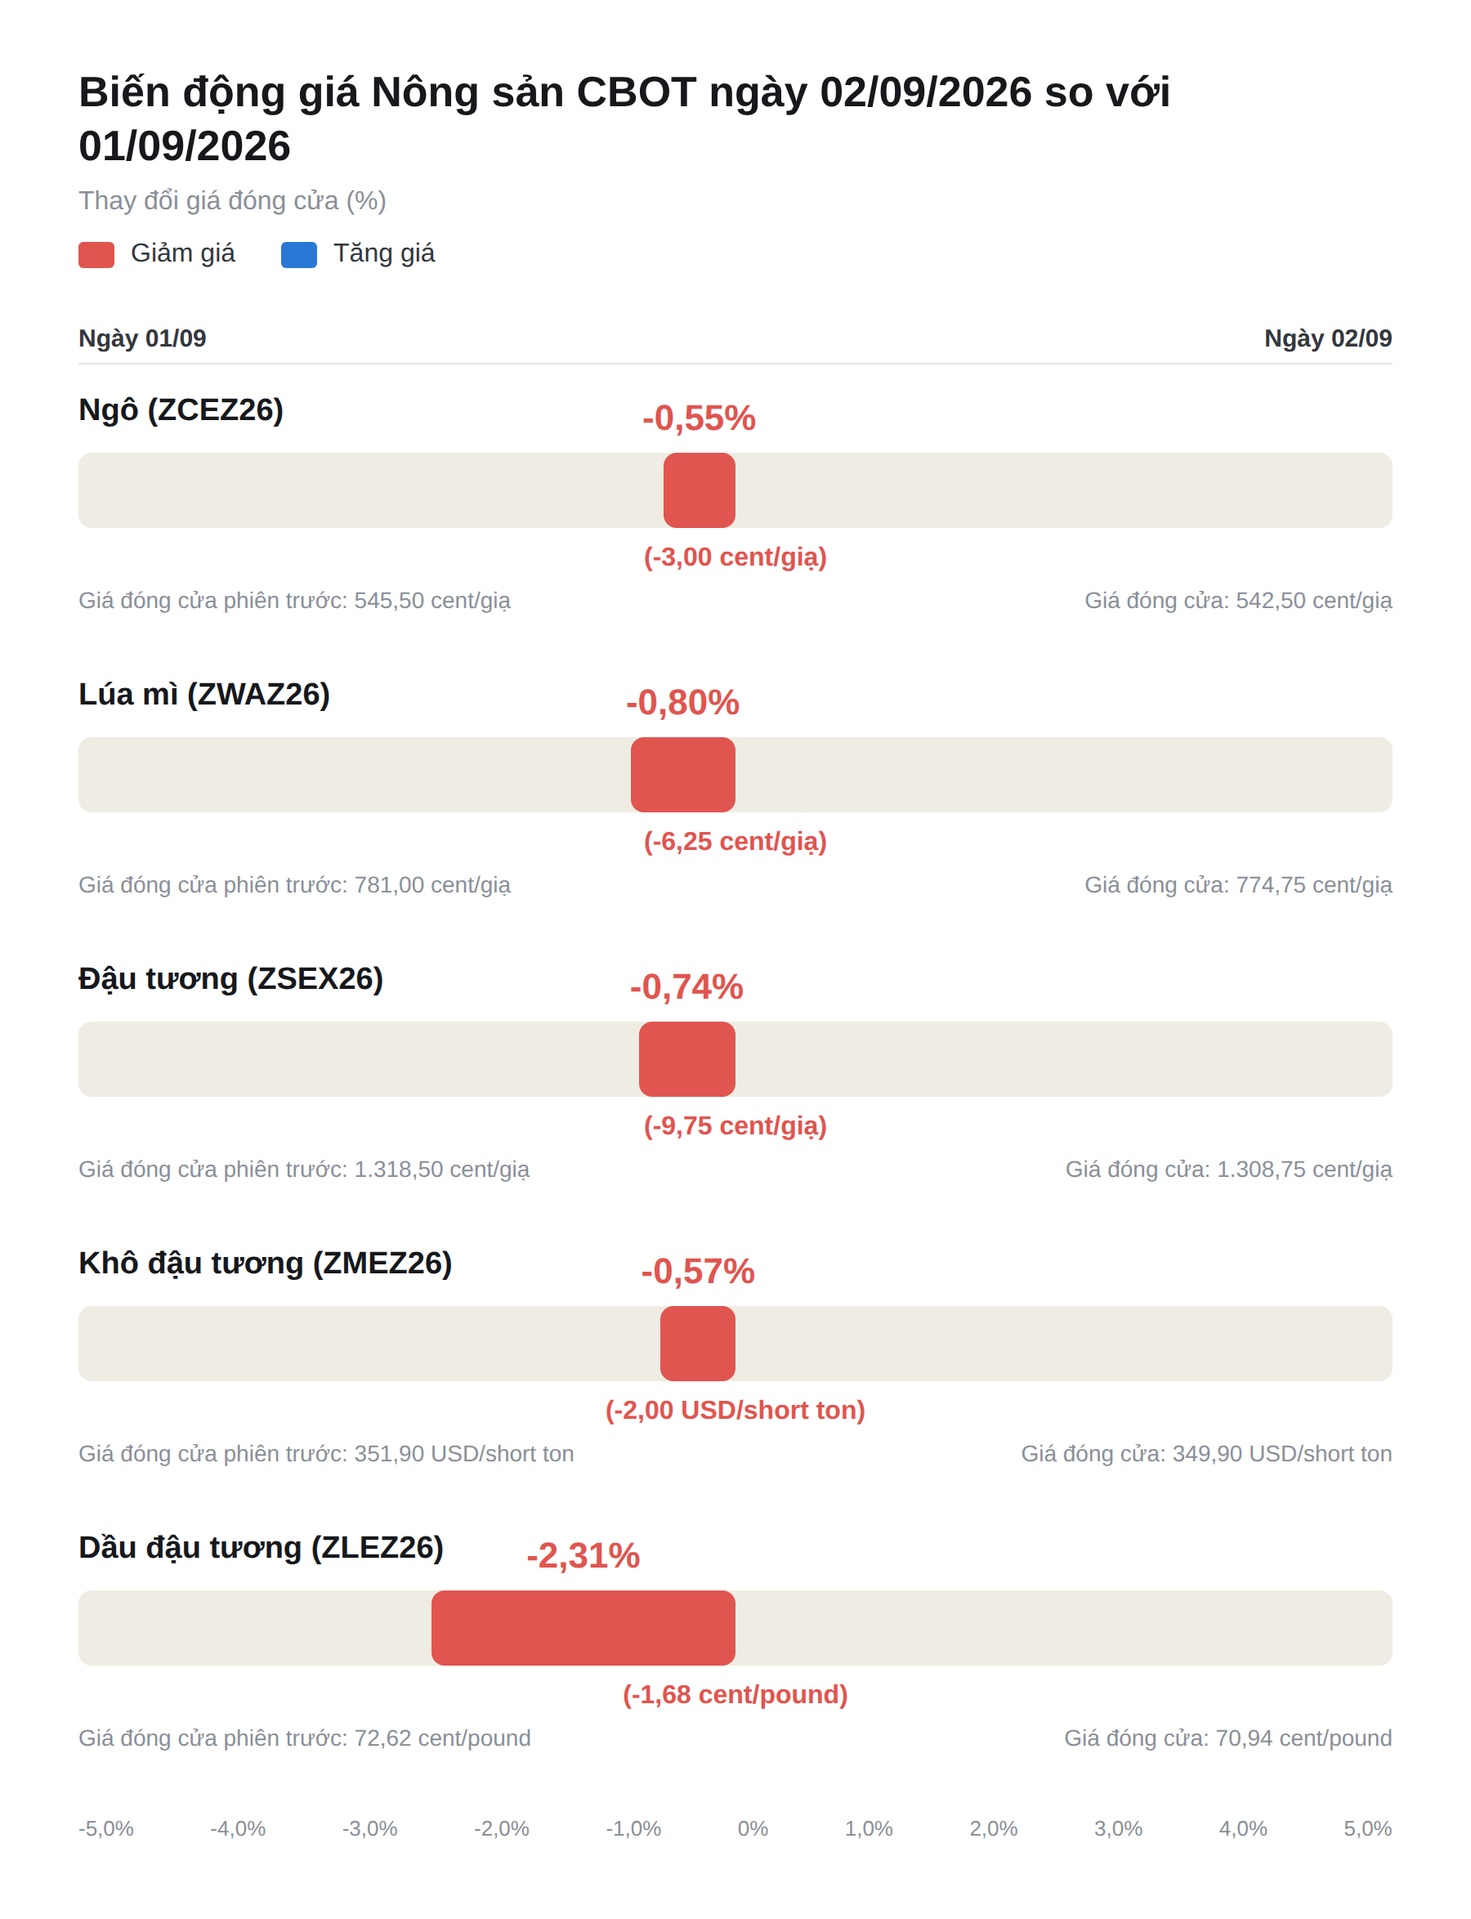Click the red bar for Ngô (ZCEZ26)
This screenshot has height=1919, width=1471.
pyautogui.click(x=699, y=490)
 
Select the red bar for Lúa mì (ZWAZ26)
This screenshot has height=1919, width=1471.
pyautogui.click(x=683, y=775)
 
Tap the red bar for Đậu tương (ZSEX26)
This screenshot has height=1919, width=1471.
pyautogui.click(x=687, y=1059)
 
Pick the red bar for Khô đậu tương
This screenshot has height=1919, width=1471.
pyautogui.click(x=698, y=1344)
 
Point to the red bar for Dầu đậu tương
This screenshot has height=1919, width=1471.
pyautogui.click(x=583, y=1628)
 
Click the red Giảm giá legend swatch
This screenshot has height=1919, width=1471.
pyautogui.click(x=96, y=255)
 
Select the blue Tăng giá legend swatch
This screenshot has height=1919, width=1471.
pyautogui.click(x=298, y=255)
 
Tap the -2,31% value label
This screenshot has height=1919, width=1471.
pyautogui.click(x=583, y=1555)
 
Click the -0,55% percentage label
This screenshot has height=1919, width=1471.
pyautogui.click(x=699, y=418)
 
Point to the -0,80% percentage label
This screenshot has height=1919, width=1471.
pyautogui.click(x=683, y=703)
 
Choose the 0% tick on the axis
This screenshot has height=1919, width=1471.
pyautogui.click(x=753, y=1829)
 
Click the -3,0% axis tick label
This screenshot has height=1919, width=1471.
pyautogui.click(x=369, y=1829)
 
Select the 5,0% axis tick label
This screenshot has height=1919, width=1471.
pyautogui.click(x=1368, y=1829)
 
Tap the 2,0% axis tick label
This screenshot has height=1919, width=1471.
pyautogui.click(x=994, y=1829)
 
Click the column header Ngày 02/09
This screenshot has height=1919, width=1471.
pyautogui.click(x=1328, y=339)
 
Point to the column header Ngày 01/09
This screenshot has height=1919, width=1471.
pyautogui.click(x=143, y=339)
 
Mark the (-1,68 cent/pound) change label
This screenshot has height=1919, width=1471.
pyautogui.click(x=735, y=1695)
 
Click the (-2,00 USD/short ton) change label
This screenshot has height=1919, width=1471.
pyautogui.click(x=735, y=1411)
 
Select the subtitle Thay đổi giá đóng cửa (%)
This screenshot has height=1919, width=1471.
pyautogui.click(x=233, y=201)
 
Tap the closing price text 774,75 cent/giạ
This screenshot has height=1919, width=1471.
pyautogui.click(x=1314, y=885)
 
